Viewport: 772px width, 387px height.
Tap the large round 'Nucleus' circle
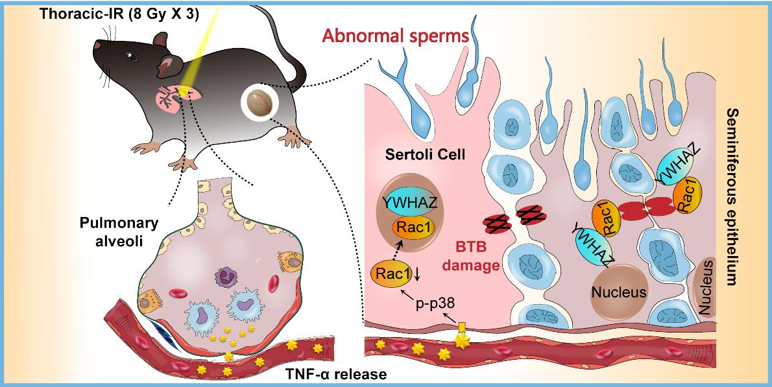(x=618, y=292)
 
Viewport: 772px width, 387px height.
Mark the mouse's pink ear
(x=168, y=66)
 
